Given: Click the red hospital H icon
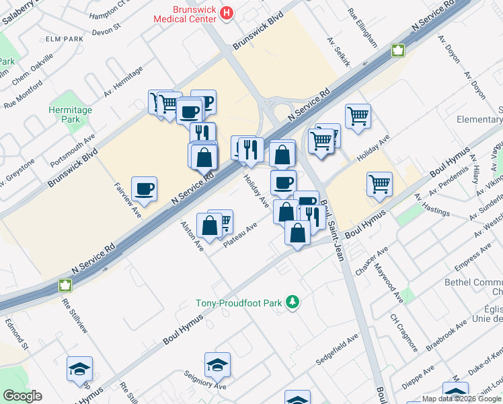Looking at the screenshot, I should click(x=227, y=12).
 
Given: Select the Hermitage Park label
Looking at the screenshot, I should click(x=70, y=114).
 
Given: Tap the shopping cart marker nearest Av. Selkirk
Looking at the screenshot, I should click(x=358, y=115).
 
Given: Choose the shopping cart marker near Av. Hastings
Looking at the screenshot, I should click(x=380, y=183).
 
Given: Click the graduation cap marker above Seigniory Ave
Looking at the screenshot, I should click(x=217, y=365).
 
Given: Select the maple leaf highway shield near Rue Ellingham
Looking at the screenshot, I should click(x=397, y=49).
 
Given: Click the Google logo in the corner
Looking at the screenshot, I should click(x=22, y=396).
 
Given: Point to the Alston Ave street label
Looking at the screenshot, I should click(x=192, y=236).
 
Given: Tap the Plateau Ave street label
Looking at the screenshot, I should click(x=242, y=236).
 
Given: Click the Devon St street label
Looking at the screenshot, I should click(x=106, y=28).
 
